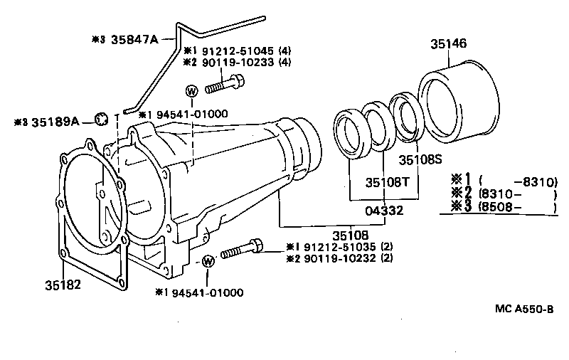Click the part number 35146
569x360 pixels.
(448, 43)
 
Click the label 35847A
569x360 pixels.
(134, 39)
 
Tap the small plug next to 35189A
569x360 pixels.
(101, 117)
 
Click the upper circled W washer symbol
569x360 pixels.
(192, 91)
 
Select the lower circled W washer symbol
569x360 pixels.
(208, 261)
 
